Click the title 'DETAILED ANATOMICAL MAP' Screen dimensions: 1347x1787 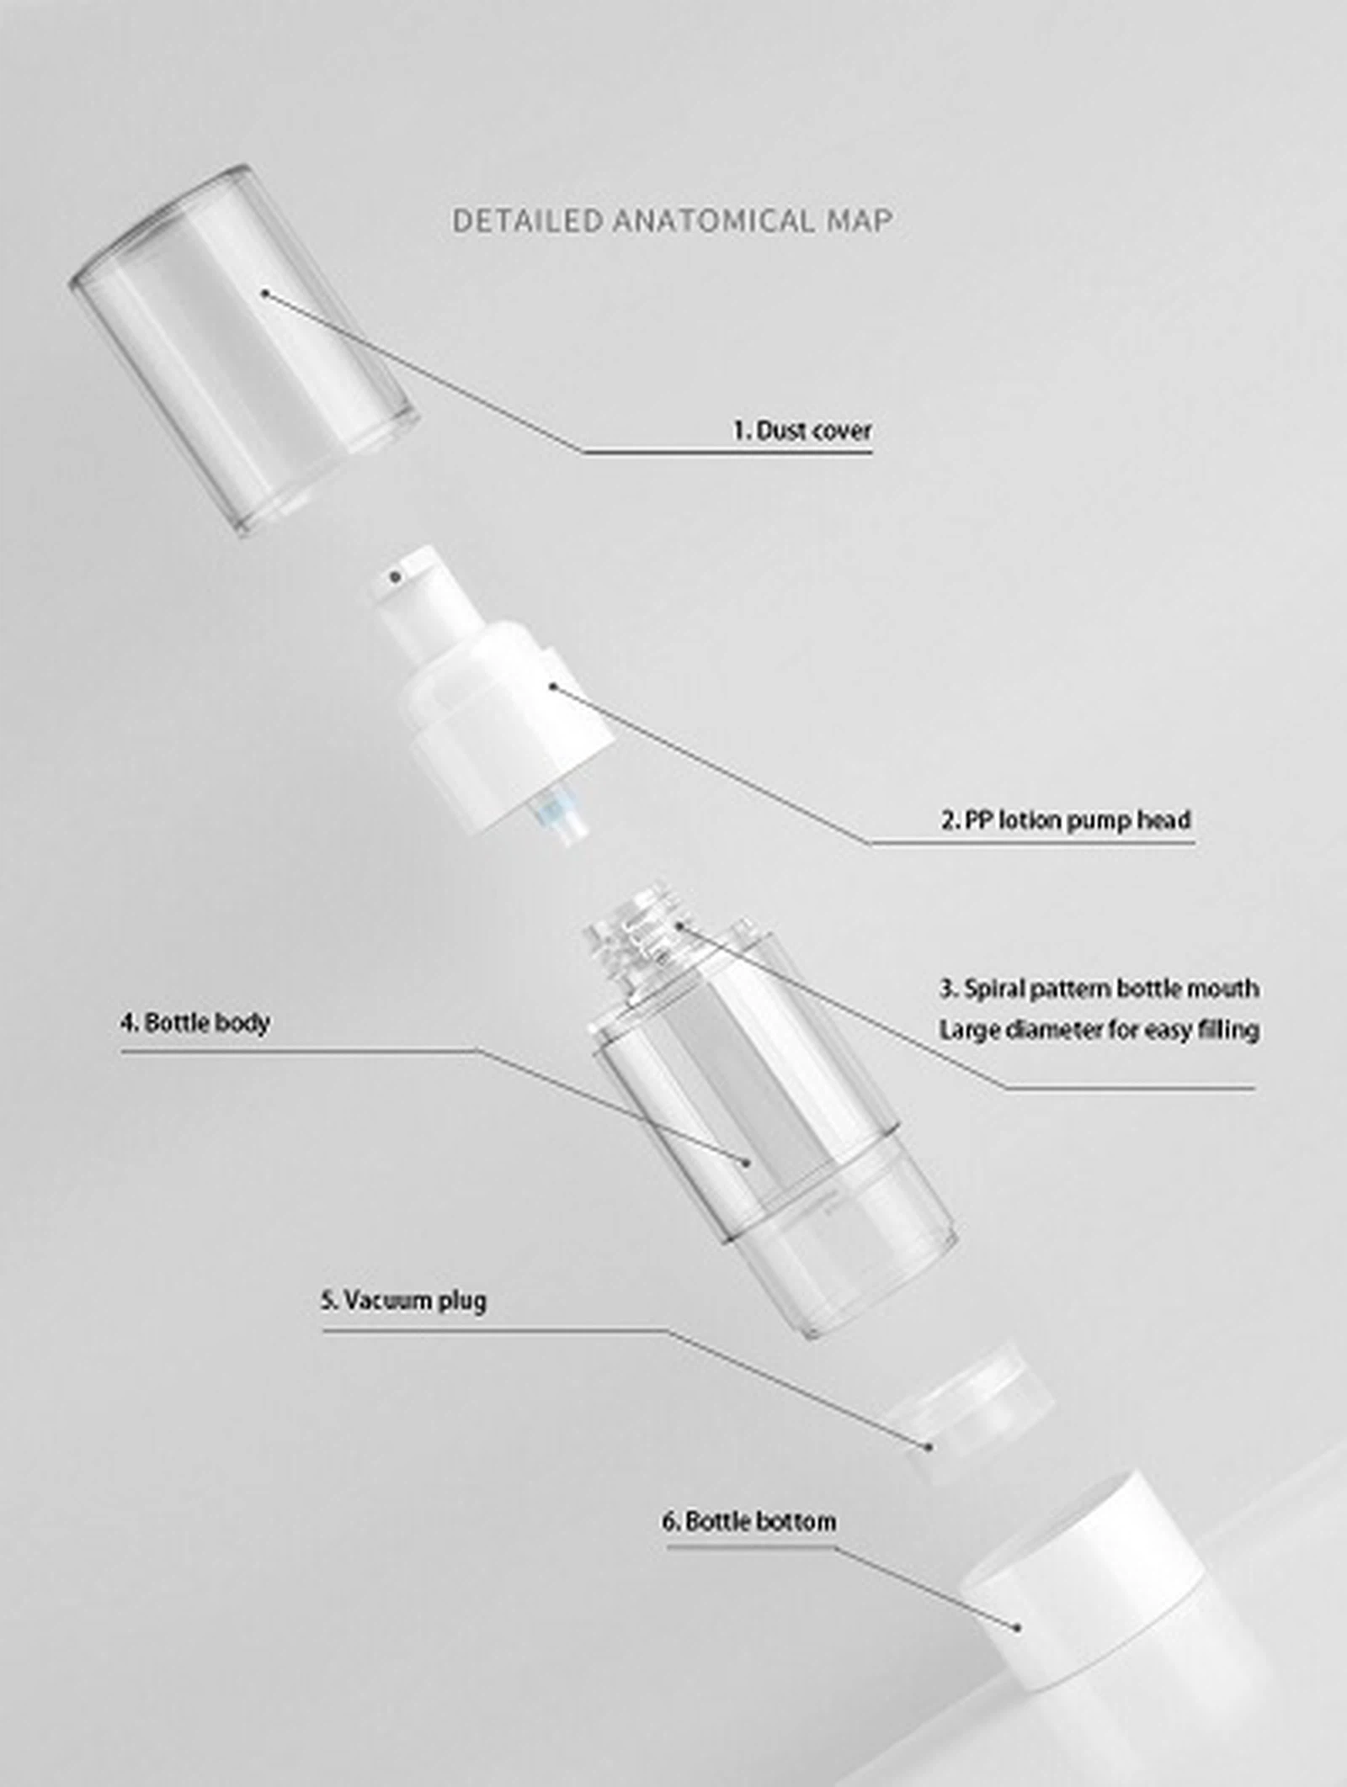point(672,220)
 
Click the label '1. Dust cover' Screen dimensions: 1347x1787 point(801,431)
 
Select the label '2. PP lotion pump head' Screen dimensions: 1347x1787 point(1066,819)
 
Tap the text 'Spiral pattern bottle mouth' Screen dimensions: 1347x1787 point(1111,988)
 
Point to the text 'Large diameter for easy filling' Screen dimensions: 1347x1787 point(1099,1029)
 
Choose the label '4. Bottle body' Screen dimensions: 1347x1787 point(194,1023)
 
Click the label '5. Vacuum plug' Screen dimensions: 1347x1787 point(403,1301)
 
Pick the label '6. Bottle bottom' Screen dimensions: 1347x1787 point(748,1521)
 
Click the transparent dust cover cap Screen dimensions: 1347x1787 point(243,349)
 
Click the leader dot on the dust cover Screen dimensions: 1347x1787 point(264,293)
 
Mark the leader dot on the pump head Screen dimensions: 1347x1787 point(553,686)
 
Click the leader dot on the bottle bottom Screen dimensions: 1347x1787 point(1017,1627)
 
